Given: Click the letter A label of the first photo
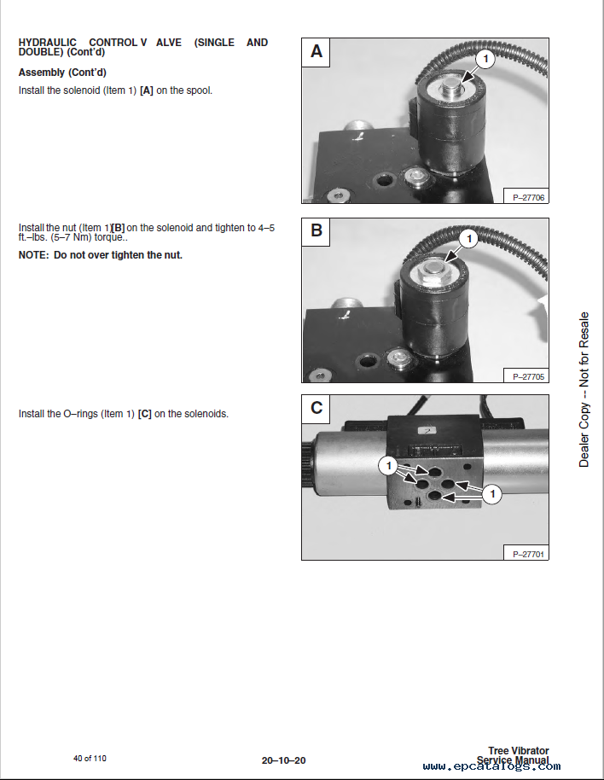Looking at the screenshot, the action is point(317,51).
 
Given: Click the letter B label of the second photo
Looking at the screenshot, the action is point(317,230).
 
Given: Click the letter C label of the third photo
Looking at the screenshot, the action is point(317,408).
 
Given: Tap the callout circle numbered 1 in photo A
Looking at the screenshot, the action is point(485,59).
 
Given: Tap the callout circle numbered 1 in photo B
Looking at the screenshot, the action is point(468,239).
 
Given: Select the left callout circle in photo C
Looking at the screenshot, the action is point(389,466).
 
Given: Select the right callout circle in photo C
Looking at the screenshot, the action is point(492,494).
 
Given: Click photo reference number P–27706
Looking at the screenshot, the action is point(528,197).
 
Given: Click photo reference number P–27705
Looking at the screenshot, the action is point(528,376).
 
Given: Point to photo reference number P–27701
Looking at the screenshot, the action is point(528,554).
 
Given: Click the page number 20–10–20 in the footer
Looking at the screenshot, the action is point(284,760).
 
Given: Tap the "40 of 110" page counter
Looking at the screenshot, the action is point(90,758).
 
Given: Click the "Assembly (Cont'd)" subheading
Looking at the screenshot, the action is point(62,73).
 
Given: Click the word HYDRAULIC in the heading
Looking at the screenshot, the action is point(48,43).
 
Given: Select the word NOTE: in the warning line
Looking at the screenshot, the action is point(34,255).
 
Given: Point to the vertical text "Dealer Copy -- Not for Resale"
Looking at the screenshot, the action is point(584,389).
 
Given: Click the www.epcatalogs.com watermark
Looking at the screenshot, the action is point(492,766).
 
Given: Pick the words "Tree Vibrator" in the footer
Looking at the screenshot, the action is point(519,751).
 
